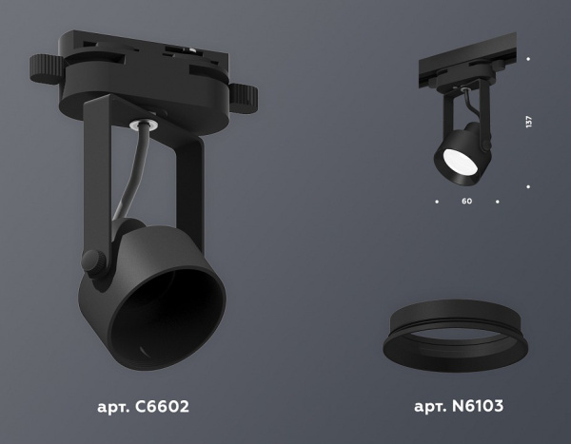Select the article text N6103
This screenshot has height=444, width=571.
point(459,407)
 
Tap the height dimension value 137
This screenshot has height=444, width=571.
point(528,122)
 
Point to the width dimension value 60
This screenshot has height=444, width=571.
point(466,202)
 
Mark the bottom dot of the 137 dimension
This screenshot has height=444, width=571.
point(528,186)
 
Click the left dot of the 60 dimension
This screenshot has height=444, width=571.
point(436,202)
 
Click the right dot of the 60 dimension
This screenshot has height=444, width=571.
point(498,202)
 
